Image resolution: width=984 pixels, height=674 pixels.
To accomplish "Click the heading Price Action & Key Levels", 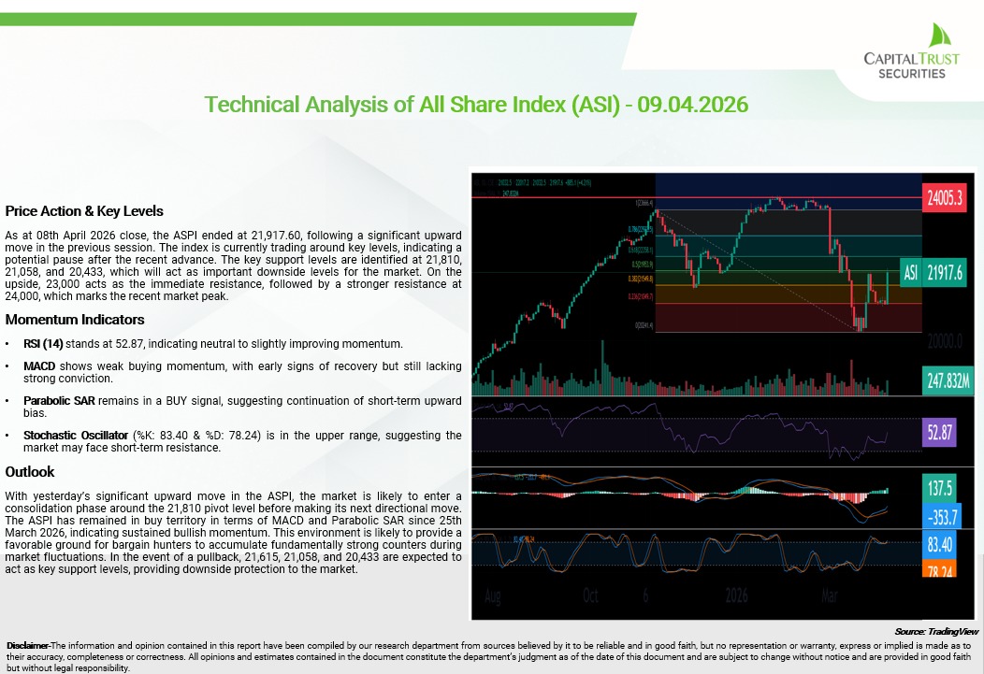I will click(84, 210).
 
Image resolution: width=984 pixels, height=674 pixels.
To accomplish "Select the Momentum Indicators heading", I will click(75, 320).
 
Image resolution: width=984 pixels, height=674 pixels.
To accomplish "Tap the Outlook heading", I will click(30, 471).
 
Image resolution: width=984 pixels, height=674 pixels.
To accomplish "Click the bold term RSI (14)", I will click(43, 344).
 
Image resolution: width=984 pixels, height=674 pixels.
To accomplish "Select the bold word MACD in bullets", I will click(40, 366).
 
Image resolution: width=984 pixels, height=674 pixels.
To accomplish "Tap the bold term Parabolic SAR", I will click(59, 400).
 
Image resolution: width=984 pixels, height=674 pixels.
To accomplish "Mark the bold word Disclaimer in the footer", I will click(27, 646).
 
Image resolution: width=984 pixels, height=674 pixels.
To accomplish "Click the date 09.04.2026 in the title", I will click(692, 104).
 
